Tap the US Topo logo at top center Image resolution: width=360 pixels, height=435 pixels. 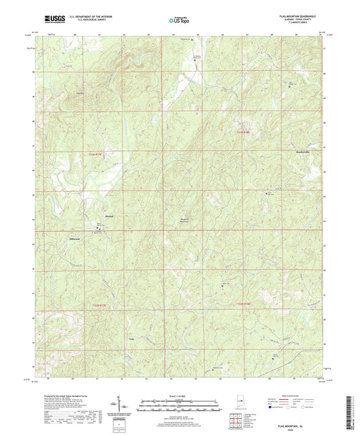pos(179,21)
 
